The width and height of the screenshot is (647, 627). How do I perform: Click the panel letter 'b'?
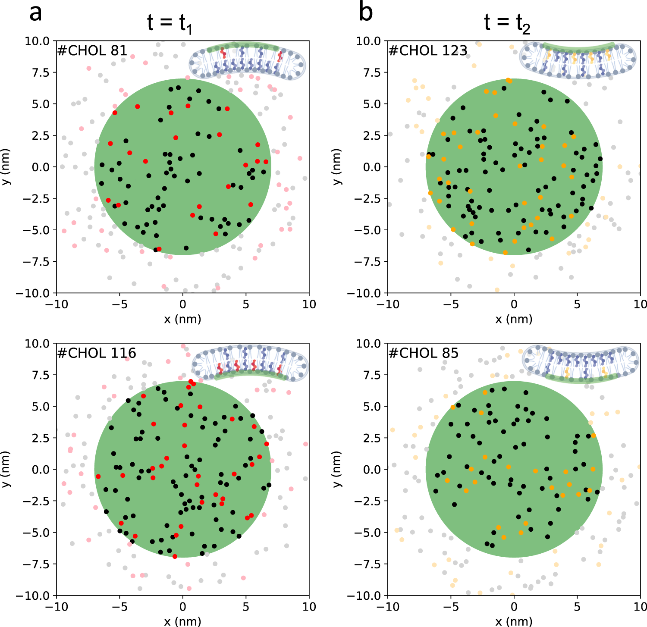click(366, 13)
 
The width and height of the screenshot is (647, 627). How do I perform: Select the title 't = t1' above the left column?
click(170, 23)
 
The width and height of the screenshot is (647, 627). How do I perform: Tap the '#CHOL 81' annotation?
click(92, 51)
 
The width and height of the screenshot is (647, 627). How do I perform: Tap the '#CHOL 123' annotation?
click(428, 51)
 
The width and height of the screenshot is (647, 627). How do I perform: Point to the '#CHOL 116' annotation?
click(97, 354)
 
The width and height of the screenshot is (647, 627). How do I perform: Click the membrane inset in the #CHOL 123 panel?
click(578, 60)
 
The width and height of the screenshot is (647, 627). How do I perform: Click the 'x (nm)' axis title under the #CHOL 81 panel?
click(182, 319)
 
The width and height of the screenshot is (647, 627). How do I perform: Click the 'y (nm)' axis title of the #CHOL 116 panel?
click(6, 470)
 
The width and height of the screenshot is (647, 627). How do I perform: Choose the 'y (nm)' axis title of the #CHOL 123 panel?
click(337, 167)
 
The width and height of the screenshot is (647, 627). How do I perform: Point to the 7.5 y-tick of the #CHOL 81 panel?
click(41, 72)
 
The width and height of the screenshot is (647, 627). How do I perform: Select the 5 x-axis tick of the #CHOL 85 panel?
click(577, 607)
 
